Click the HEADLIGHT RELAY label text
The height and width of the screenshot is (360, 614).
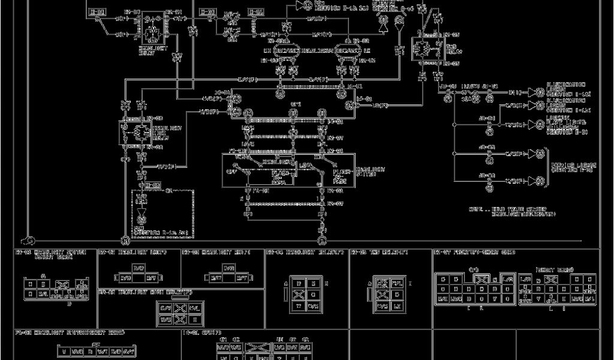point(148,50)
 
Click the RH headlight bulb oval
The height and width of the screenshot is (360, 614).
point(285,50)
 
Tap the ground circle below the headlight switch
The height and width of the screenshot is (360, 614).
point(322,240)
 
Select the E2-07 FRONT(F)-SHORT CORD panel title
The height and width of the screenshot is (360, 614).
point(474,253)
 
